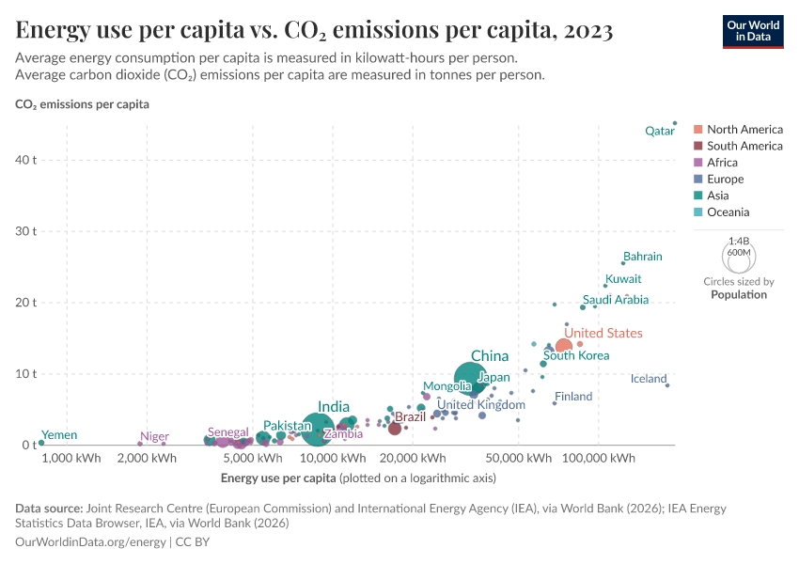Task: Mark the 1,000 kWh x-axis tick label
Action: click(70, 459)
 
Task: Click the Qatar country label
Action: click(659, 132)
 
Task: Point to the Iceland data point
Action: click(667, 385)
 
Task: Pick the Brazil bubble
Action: click(395, 429)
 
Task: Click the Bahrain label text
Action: click(643, 257)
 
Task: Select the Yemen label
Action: click(59, 435)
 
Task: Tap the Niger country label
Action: click(154, 437)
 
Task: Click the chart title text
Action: click(315, 31)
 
